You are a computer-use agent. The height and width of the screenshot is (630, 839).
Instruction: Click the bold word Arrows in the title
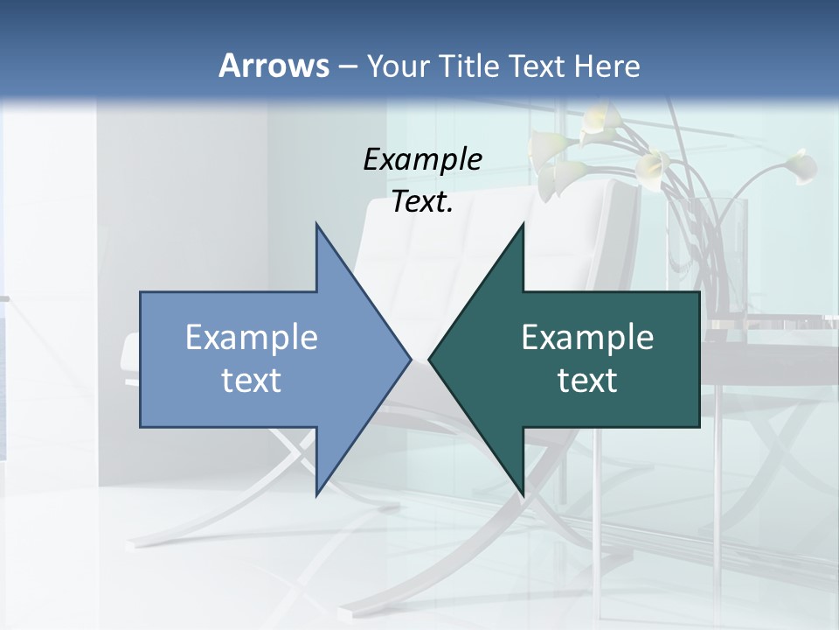tap(274, 66)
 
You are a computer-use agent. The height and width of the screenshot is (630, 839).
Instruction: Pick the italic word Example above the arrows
tap(422, 160)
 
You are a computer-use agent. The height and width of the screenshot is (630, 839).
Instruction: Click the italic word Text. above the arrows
tap(422, 202)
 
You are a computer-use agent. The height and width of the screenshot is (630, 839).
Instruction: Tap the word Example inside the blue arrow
tap(251, 338)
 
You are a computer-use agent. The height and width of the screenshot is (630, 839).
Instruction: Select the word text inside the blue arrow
tap(251, 381)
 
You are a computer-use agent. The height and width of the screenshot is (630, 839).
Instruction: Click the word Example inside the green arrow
tap(587, 338)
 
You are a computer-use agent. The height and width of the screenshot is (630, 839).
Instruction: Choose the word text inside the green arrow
tap(587, 381)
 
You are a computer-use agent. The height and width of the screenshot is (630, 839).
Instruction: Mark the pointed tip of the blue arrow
tap(411, 359)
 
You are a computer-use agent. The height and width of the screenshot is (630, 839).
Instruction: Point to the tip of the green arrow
tap(429, 359)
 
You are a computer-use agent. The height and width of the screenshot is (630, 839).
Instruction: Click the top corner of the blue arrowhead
tap(316, 224)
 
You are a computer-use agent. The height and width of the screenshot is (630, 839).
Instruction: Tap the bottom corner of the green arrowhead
tap(523, 495)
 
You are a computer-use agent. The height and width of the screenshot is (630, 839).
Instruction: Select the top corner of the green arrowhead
tap(523, 224)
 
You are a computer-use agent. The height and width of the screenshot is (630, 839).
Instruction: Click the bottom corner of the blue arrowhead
tap(316, 495)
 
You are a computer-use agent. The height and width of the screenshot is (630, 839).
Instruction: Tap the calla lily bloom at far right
tap(799, 165)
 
